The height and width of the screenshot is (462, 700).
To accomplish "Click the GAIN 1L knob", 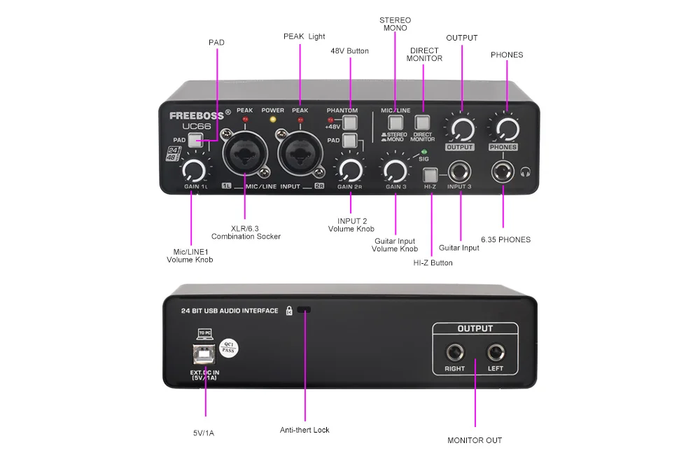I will [x=194, y=170].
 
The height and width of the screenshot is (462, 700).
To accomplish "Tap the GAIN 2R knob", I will [x=349, y=169].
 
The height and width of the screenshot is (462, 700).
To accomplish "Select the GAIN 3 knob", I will [x=395, y=170].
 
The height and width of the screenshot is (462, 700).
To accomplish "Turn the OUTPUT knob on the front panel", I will [x=461, y=129].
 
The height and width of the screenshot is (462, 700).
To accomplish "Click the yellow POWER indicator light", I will [x=273, y=120].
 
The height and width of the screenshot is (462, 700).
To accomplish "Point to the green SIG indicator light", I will [x=424, y=151].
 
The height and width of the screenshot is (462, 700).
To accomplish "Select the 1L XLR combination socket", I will [x=244, y=154].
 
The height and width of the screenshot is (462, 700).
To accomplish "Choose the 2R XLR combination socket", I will [x=300, y=154].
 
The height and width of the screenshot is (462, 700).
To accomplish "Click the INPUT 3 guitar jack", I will [x=461, y=171].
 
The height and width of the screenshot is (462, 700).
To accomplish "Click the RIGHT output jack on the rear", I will [x=454, y=351].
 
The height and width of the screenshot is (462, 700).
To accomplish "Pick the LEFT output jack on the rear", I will [x=496, y=351].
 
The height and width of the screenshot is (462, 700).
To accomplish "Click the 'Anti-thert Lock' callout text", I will [x=304, y=430].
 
